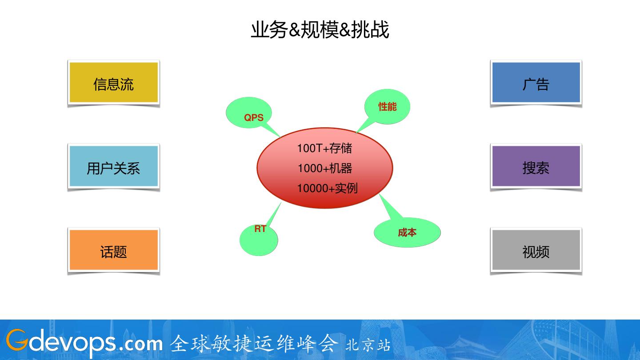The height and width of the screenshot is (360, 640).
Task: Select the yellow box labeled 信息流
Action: click(114, 83)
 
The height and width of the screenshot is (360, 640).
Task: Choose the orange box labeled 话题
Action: click(114, 251)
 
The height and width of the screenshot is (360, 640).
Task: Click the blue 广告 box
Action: click(536, 83)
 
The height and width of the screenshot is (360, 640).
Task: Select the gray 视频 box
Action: click(536, 251)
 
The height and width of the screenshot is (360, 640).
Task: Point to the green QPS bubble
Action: click(248, 114)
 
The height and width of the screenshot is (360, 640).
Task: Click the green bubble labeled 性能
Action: click(387, 107)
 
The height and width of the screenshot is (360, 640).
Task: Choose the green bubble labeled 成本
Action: click(407, 232)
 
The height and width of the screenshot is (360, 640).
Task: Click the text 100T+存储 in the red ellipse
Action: click(324, 148)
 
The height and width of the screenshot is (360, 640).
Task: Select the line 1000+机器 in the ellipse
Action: click(325, 168)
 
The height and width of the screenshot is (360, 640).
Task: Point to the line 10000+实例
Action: click(327, 188)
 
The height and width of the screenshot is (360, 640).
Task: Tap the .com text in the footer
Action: click(141, 344)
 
